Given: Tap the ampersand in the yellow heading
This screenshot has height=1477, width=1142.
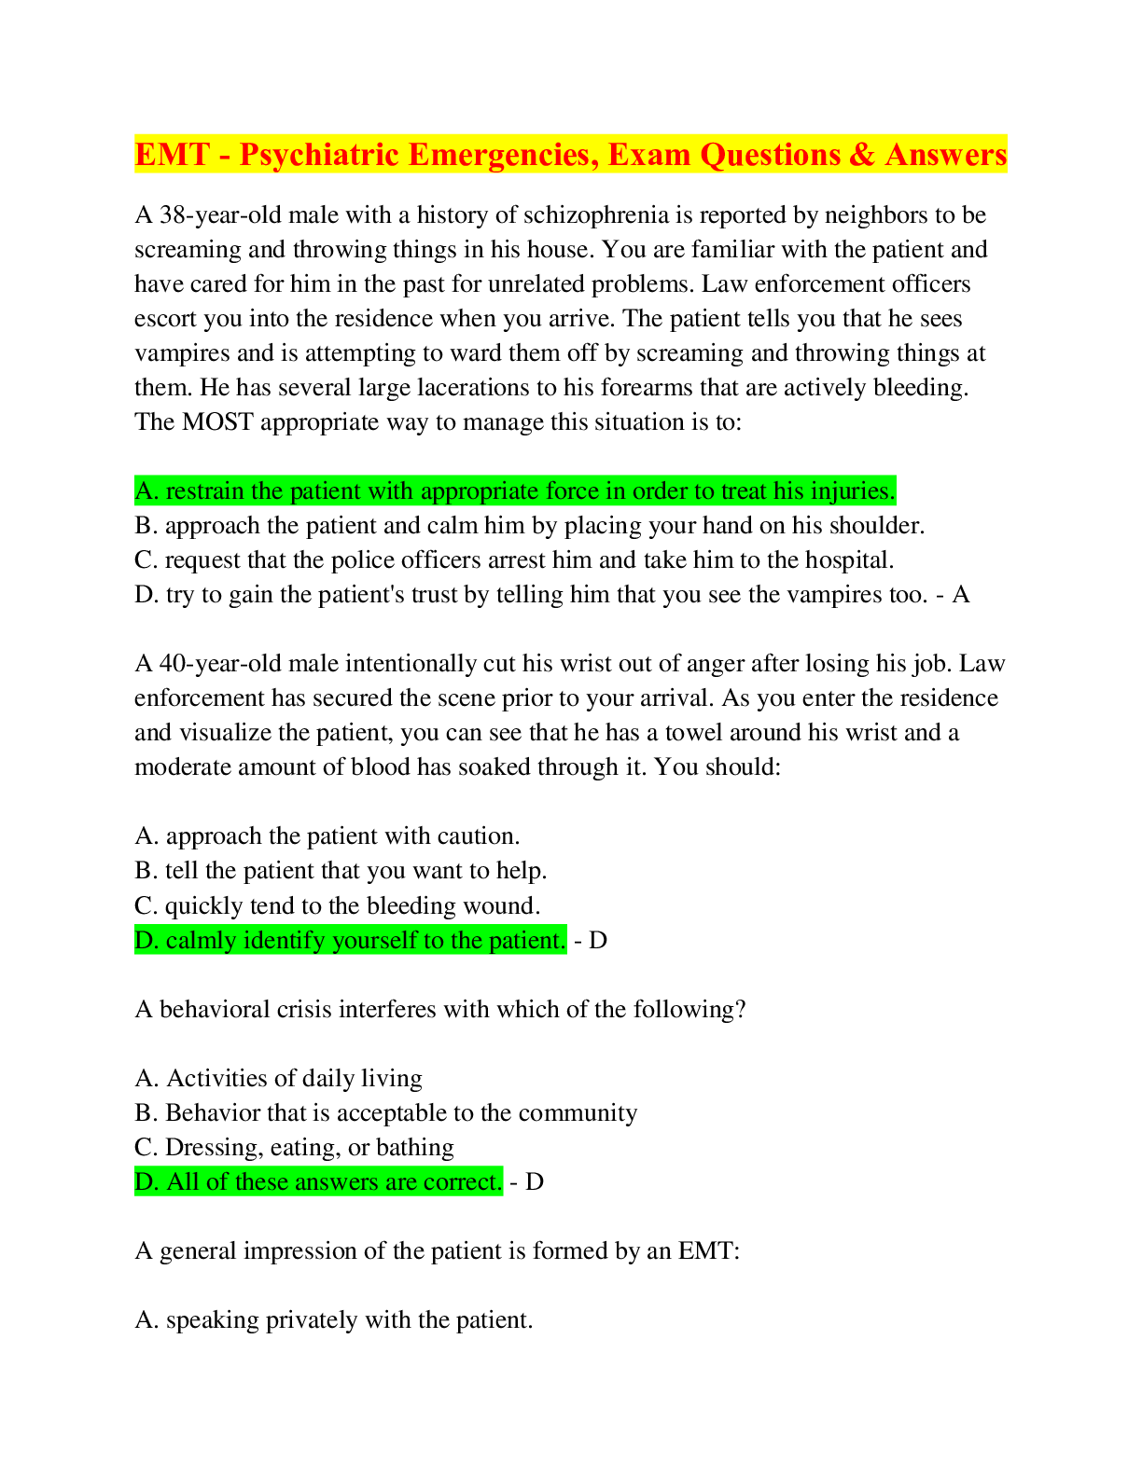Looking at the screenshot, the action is pos(861,154).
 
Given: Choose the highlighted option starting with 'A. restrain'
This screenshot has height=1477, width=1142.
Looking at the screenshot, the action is pos(515,490).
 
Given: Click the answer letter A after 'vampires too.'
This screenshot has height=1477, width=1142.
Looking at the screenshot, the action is pos(960,595).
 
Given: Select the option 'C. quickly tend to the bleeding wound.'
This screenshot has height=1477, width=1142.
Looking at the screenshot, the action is pos(338,906).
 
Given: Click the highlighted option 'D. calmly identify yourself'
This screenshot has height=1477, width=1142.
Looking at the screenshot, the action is pos(350,941).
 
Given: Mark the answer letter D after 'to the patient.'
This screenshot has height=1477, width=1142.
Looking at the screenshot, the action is pos(598,941).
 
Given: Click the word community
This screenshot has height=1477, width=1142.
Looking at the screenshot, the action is pos(578,1113).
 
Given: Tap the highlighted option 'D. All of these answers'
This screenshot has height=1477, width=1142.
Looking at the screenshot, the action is pos(318,1182).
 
